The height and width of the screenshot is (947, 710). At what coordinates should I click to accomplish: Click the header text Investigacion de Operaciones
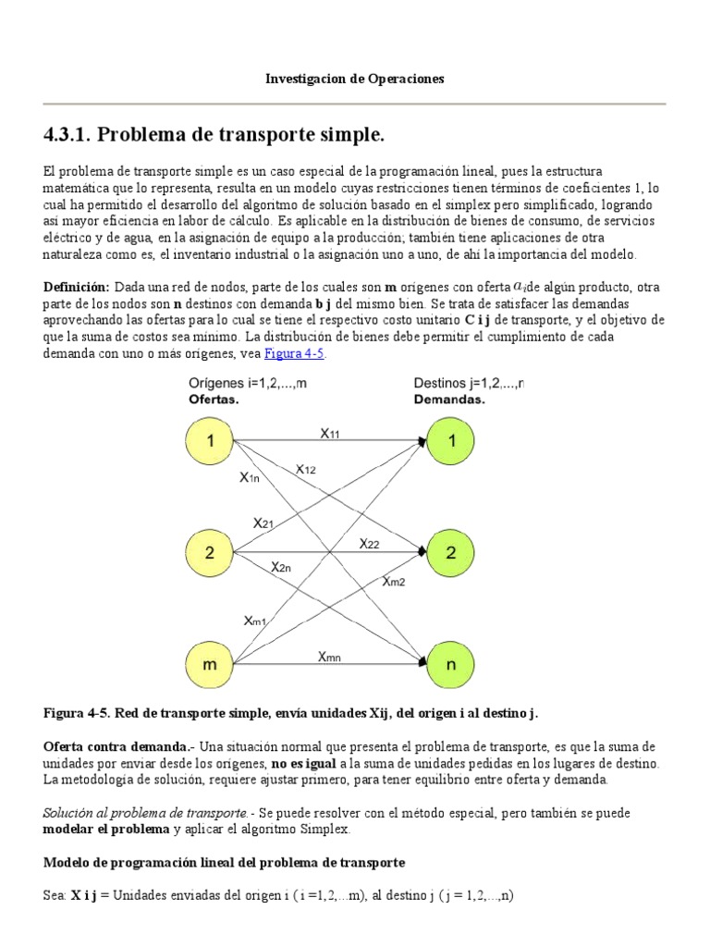355,79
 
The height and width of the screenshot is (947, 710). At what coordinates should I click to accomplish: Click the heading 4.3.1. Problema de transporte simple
214,136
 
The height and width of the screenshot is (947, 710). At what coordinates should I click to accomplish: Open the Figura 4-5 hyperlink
295,354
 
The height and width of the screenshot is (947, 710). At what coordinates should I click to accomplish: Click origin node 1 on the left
211,441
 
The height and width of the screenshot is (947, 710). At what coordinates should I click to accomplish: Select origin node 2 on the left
211,553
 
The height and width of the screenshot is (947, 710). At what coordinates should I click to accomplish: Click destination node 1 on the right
451,441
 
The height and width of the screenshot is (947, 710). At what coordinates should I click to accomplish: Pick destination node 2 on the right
451,553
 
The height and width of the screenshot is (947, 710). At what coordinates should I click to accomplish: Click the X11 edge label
330,432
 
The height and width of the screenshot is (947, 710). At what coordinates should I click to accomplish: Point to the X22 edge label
370,543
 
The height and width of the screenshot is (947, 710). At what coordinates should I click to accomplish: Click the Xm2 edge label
393,580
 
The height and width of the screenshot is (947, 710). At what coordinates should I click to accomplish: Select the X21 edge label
263,523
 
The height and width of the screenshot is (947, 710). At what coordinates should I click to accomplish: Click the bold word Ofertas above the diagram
214,401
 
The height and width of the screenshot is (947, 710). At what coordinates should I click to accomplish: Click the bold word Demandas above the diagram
449,401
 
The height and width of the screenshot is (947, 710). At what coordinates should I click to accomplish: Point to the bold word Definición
77,288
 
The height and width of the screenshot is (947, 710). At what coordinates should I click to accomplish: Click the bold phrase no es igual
303,763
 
